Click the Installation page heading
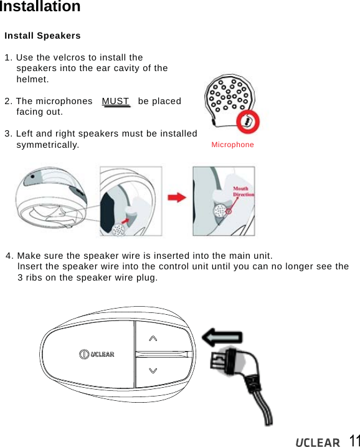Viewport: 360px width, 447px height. point(40,7)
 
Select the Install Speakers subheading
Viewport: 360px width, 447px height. point(42,36)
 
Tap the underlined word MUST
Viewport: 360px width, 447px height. point(116,102)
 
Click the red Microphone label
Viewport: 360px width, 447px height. point(232,145)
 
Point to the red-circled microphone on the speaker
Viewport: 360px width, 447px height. point(248,122)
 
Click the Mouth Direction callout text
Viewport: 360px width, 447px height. point(243,191)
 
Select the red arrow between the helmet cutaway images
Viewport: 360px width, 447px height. point(178,198)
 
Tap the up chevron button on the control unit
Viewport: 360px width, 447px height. point(153,338)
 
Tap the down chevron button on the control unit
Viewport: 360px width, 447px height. point(153,370)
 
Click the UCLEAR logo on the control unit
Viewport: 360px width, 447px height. point(97,354)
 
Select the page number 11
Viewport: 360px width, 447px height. point(353,440)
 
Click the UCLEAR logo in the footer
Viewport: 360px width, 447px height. point(318,442)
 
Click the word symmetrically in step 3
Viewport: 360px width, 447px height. point(47,145)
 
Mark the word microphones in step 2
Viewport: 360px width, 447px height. point(63,101)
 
